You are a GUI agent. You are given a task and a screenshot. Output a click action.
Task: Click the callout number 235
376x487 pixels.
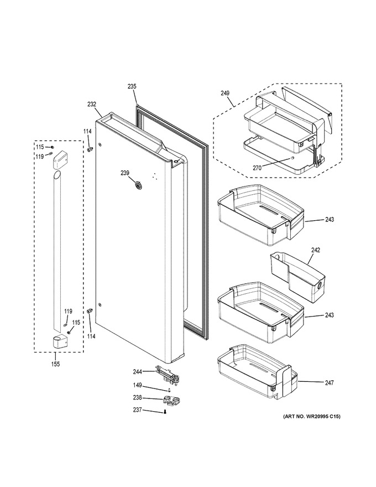(x=132, y=87)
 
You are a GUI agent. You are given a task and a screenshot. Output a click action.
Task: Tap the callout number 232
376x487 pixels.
(x=92, y=105)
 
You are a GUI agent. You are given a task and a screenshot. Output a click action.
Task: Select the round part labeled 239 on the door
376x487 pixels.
(x=138, y=185)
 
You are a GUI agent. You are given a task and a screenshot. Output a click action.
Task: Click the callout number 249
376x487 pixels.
(x=225, y=93)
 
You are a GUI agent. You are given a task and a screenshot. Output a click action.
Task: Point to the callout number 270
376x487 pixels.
(x=257, y=168)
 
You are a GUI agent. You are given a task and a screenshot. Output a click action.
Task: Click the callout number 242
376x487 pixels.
(x=316, y=250)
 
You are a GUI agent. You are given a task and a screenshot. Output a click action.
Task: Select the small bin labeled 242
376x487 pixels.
(x=298, y=277)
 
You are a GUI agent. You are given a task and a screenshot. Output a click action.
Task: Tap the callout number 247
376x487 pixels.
(x=329, y=383)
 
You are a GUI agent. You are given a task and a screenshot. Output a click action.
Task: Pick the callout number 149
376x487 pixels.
(x=137, y=385)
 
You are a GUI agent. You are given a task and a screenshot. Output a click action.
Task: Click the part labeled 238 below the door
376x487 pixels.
(x=171, y=401)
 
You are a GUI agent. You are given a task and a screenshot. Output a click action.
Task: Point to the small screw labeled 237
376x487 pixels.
(x=165, y=412)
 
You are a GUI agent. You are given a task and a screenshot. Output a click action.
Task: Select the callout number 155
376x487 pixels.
(x=55, y=364)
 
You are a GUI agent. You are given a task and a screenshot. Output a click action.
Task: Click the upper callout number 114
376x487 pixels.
(x=87, y=132)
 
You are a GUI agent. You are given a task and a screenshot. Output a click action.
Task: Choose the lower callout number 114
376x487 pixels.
(x=91, y=336)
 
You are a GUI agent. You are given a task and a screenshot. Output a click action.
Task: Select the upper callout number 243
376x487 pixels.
(x=330, y=220)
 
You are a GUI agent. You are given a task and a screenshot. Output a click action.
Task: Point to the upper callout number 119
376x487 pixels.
(x=39, y=157)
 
